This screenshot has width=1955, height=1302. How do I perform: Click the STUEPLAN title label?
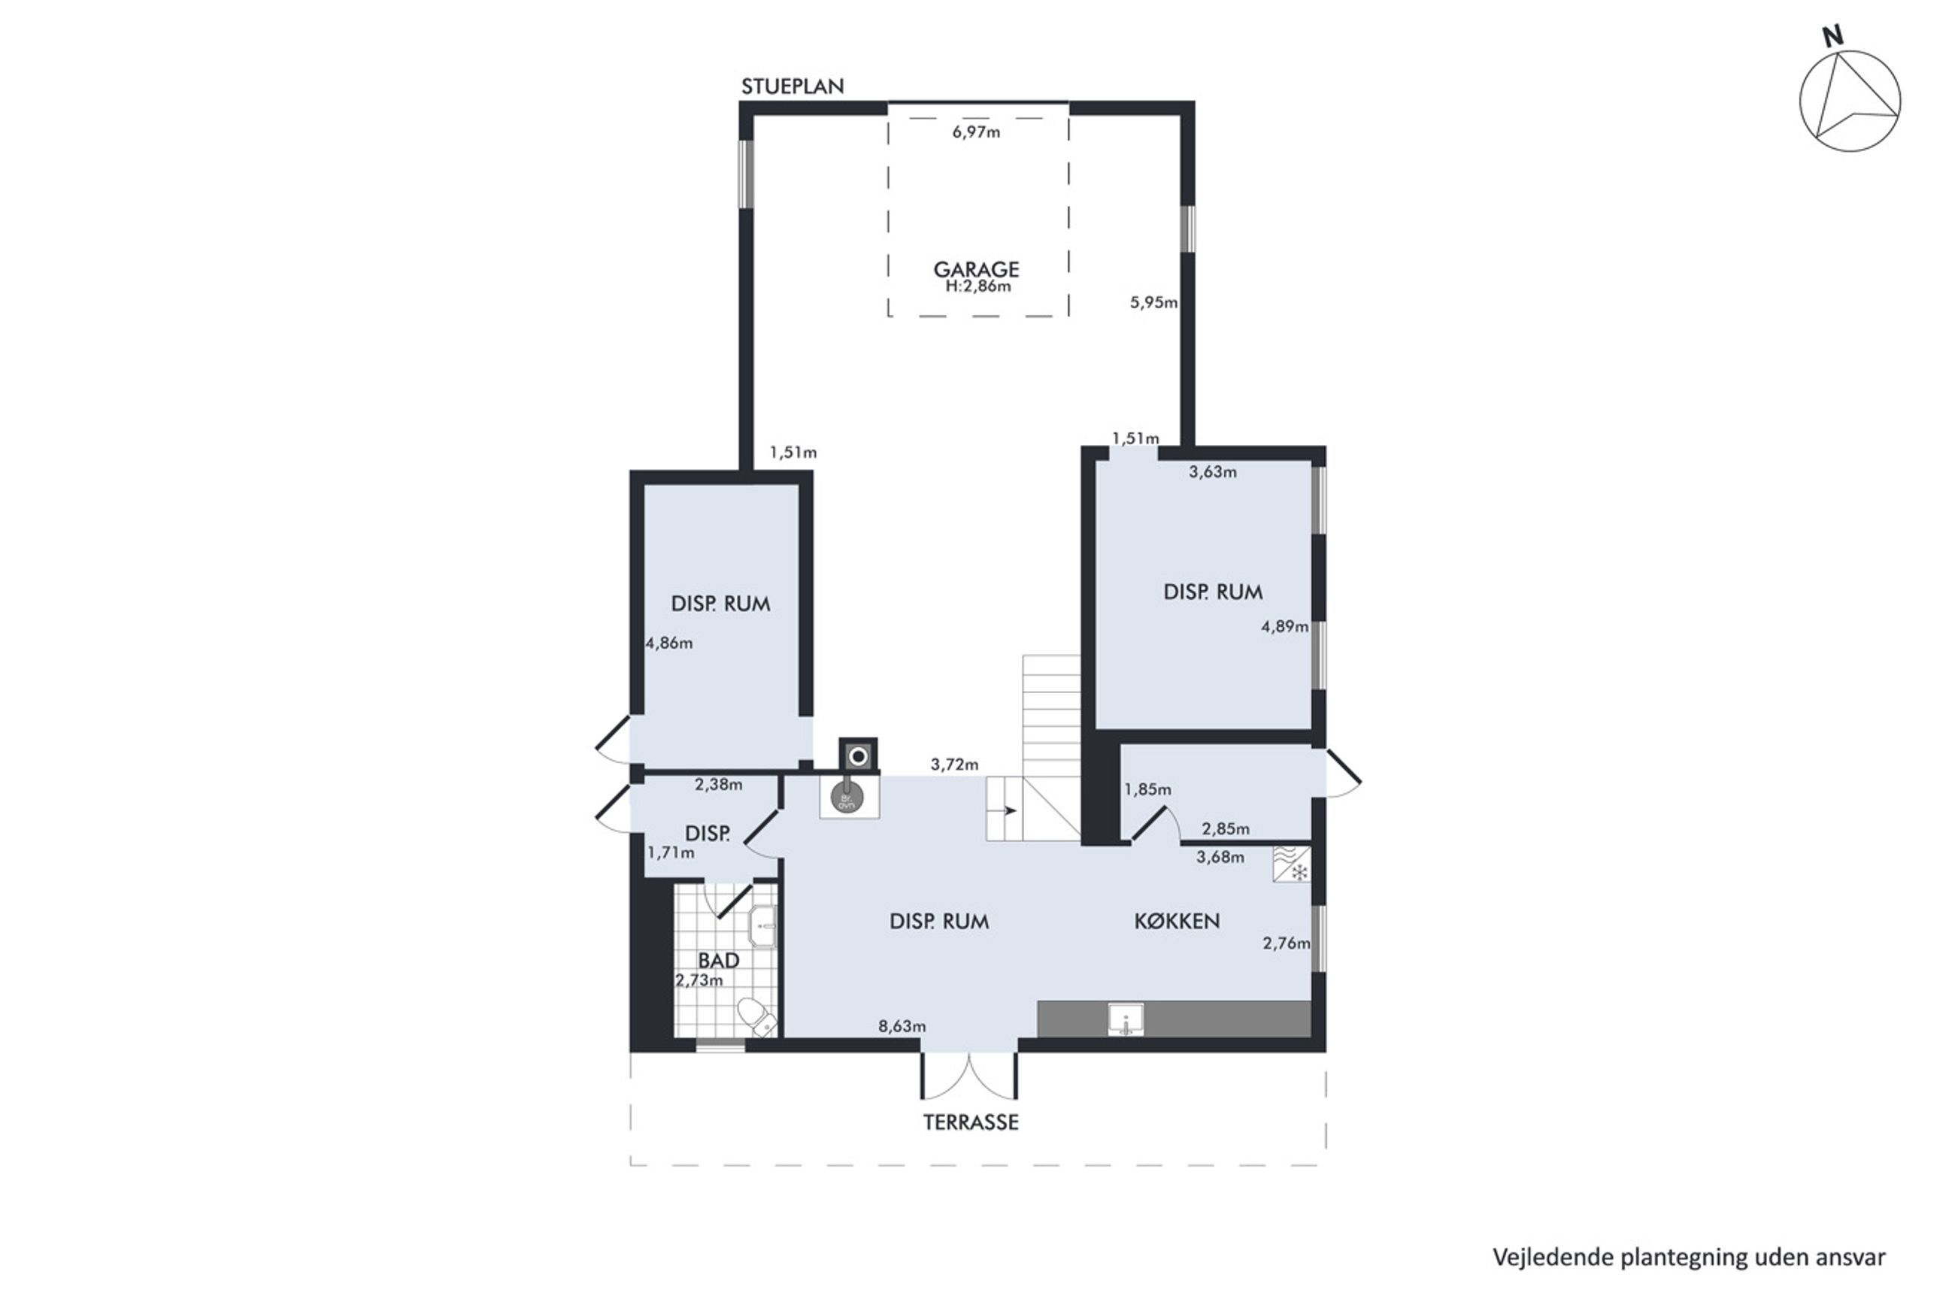(792, 86)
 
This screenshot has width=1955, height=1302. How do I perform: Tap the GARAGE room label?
(976, 269)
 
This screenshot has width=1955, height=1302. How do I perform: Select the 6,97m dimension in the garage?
(976, 132)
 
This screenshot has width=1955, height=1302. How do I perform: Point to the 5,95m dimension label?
(1153, 302)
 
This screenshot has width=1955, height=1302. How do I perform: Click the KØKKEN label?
(1177, 921)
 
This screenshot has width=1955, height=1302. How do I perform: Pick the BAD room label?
(718, 961)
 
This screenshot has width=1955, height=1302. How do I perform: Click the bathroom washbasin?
(762, 926)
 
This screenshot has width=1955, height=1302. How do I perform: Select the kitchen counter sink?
(1126, 1019)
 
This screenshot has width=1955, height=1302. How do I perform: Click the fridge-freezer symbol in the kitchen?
(1292, 864)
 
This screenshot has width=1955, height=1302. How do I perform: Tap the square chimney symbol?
(858, 756)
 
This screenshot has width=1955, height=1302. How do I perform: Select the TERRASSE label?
(971, 1122)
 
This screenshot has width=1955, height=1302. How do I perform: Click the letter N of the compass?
(1833, 35)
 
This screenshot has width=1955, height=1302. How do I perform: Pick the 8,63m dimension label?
(902, 1026)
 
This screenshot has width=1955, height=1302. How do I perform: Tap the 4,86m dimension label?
(669, 643)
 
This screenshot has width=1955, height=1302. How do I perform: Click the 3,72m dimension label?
(954, 765)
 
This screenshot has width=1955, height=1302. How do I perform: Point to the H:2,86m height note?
(978, 286)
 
